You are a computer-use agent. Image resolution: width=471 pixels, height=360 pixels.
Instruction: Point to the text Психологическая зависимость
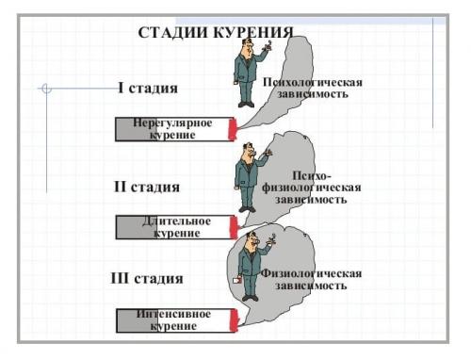[x=313, y=89]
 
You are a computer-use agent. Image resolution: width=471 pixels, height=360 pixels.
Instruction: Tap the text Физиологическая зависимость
[x=311, y=279]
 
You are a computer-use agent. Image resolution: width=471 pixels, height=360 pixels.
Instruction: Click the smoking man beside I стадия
[x=248, y=72]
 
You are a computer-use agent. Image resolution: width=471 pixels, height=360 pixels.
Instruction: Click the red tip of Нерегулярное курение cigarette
[x=234, y=129]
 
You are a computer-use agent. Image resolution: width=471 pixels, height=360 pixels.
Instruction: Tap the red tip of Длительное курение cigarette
[x=234, y=227]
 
